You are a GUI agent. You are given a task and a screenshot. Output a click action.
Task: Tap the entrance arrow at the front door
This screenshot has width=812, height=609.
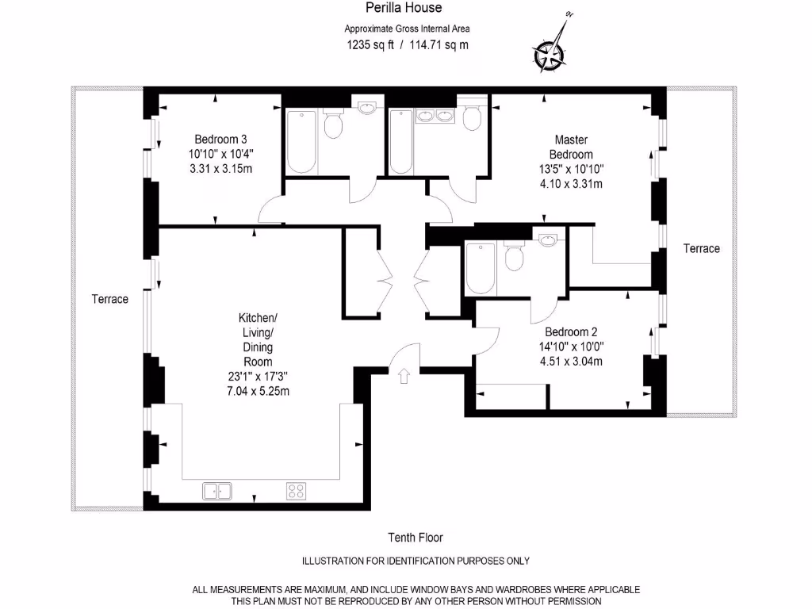pyautogui.click(x=404, y=375)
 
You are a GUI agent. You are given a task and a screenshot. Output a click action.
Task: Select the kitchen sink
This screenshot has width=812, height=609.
pyautogui.click(x=217, y=491)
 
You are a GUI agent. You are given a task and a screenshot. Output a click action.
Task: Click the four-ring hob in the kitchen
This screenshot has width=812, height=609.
pyautogui.click(x=297, y=491)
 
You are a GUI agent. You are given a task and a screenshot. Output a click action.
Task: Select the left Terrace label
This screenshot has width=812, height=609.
pyautogui.click(x=109, y=299)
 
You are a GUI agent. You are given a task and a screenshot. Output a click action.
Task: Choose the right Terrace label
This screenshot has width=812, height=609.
pyautogui.click(x=701, y=248)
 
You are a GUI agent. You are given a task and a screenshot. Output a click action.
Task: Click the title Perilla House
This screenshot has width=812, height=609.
pyautogui.click(x=404, y=8)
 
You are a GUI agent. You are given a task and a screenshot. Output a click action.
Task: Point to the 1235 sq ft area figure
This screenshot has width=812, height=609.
pyautogui.click(x=370, y=45)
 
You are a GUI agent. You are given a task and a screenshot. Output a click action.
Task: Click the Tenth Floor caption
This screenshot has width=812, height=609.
pyautogui.click(x=416, y=538)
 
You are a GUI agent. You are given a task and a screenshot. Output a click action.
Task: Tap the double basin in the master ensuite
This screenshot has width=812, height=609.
pyautogui.click(x=435, y=116)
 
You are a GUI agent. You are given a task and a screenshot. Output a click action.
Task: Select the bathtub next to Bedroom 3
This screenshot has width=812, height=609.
pyautogui.click(x=301, y=141)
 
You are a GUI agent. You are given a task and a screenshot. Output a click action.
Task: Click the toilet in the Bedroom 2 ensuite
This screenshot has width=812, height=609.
pyautogui.click(x=514, y=255)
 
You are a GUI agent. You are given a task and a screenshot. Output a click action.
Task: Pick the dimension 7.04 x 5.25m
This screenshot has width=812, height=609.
pyautogui.click(x=258, y=391)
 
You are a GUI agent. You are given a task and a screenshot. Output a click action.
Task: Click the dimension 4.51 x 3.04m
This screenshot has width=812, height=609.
pyautogui.click(x=571, y=362)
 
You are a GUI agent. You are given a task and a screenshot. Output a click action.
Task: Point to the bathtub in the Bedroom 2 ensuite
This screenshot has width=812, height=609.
pyautogui.click(x=481, y=268)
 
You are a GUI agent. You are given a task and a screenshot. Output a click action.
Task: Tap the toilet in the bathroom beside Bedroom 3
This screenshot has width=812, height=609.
pyautogui.click(x=332, y=123)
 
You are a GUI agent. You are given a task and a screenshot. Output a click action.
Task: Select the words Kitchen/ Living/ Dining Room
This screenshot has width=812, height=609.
pyautogui.click(x=258, y=339)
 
